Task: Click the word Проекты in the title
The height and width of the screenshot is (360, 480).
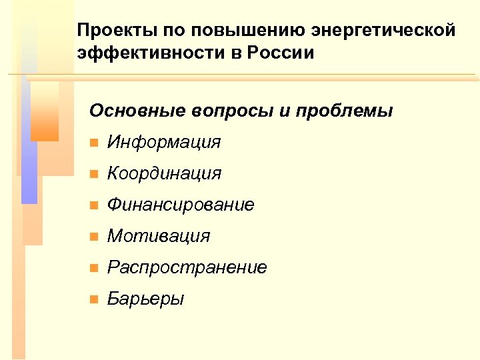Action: pyautogui.click(x=109, y=31)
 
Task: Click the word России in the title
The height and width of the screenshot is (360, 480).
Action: pyautogui.click(x=282, y=53)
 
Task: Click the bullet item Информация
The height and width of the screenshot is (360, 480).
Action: pyautogui.click(x=164, y=142)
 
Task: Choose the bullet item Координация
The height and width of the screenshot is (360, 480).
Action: pyautogui.click(x=164, y=173)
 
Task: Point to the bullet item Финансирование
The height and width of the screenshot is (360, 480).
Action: pyautogui.click(x=181, y=205)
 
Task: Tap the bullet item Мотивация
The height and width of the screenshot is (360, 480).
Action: pyautogui.click(x=159, y=236)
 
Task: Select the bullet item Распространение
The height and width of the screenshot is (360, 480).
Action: pyautogui.click(x=187, y=267)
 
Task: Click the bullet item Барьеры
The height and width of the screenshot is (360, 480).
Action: pyautogui.click(x=146, y=299)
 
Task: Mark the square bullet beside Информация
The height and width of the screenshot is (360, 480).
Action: pyautogui.click(x=93, y=143)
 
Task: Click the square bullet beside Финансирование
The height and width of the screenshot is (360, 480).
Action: pyautogui.click(x=93, y=205)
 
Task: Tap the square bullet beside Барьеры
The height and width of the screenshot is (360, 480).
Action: pyautogui.click(x=93, y=299)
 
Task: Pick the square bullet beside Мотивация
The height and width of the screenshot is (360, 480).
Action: pyautogui.click(x=93, y=237)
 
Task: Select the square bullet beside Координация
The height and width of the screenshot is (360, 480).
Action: pyautogui.click(x=93, y=174)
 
